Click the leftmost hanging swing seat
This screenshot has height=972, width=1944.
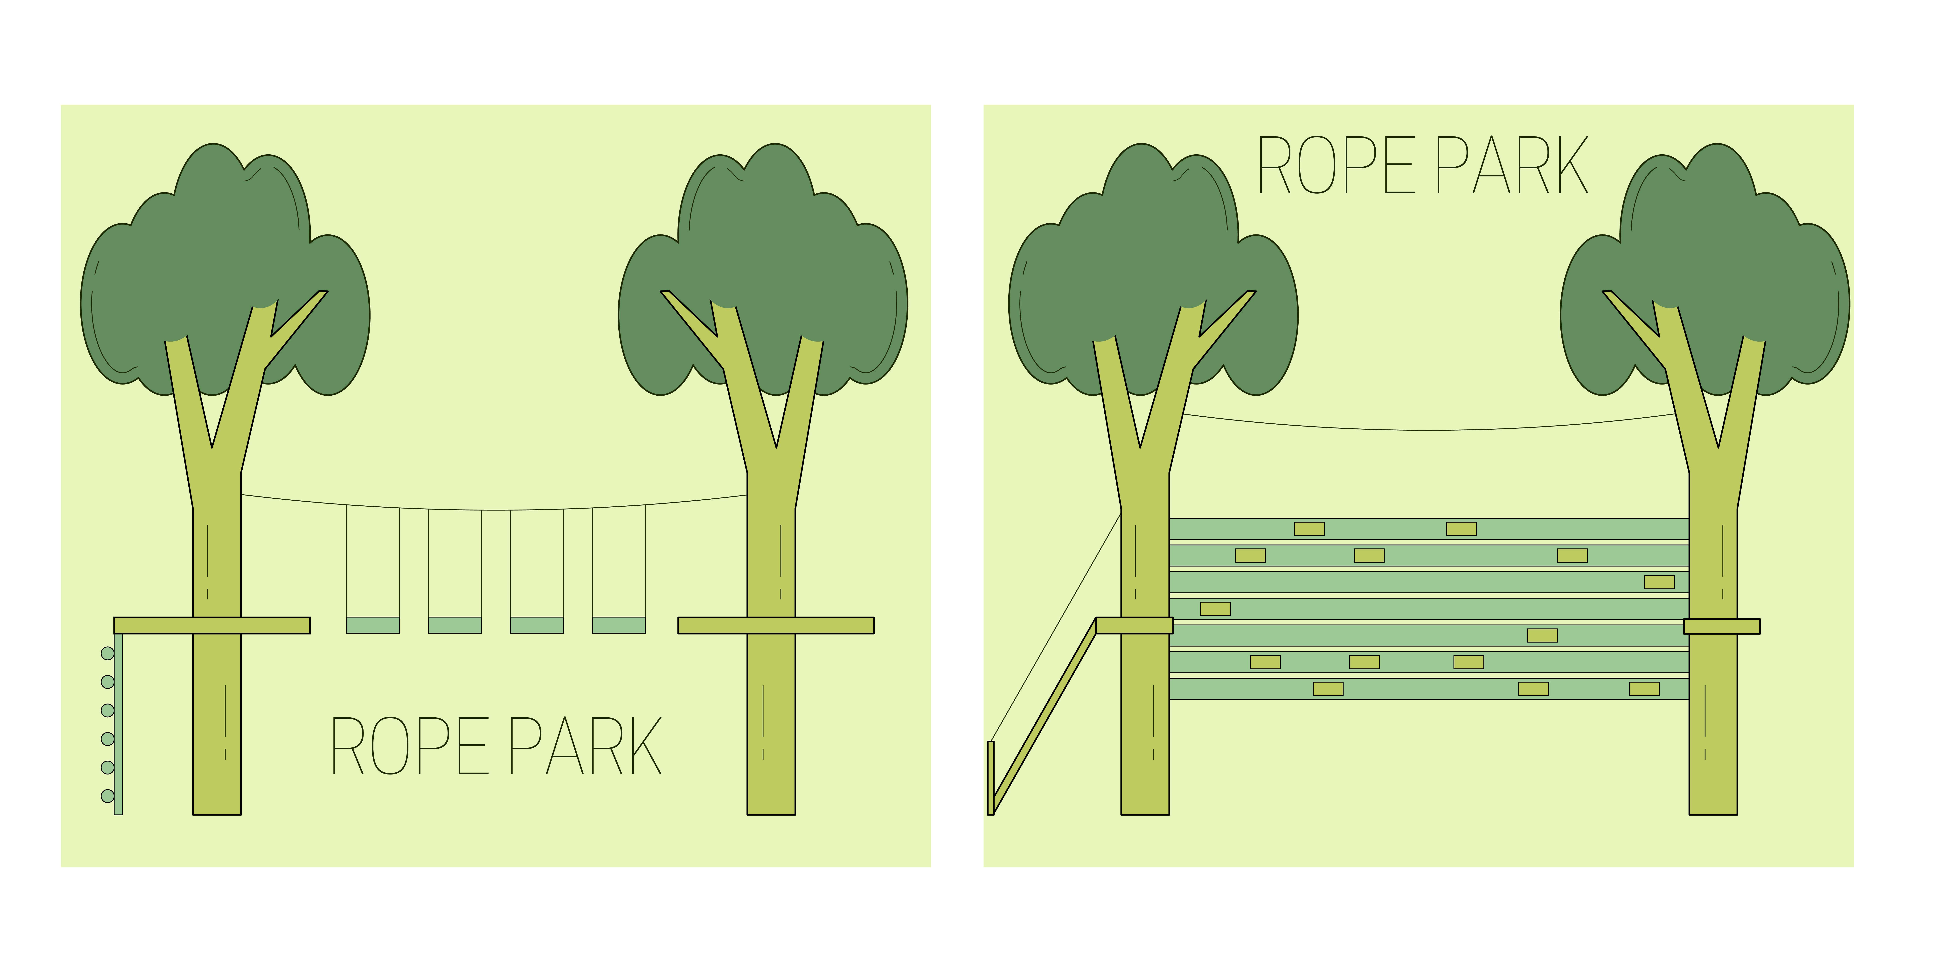373,625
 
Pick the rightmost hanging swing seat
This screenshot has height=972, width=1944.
619,625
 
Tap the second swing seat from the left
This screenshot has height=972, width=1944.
455,625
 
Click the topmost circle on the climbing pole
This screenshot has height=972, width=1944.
108,654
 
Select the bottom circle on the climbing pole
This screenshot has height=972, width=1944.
108,796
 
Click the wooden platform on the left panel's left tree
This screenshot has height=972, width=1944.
212,626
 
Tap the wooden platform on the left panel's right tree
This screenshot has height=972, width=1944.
776,626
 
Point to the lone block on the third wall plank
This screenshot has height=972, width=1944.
1659,582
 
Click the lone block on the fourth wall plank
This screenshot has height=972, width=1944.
1215,608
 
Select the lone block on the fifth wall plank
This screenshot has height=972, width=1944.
1543,635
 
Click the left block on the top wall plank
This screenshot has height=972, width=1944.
1309,529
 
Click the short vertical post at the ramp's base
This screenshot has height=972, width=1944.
991,777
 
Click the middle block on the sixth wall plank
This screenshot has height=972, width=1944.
1364,662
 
